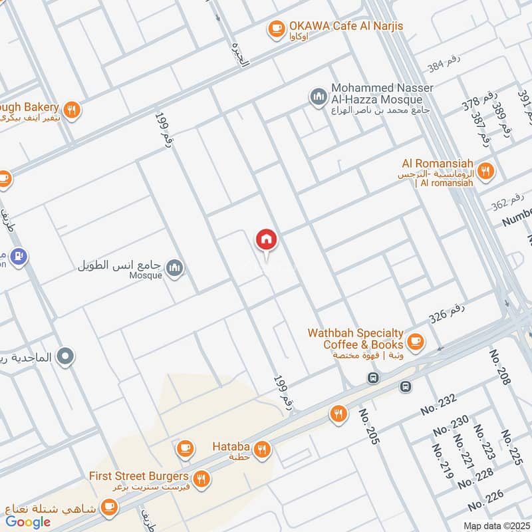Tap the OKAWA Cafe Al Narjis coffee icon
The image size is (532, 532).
(275, 28)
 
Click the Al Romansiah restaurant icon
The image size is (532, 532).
(486, 171)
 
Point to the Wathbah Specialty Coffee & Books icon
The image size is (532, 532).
(416, 341)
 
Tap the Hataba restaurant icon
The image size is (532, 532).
(263, 450)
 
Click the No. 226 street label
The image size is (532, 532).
(485, 505)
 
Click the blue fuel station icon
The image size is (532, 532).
(19, 255)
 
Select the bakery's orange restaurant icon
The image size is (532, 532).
(72, 110)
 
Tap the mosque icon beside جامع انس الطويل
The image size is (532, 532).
(176, 267)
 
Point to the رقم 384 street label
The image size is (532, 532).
(444, 65)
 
